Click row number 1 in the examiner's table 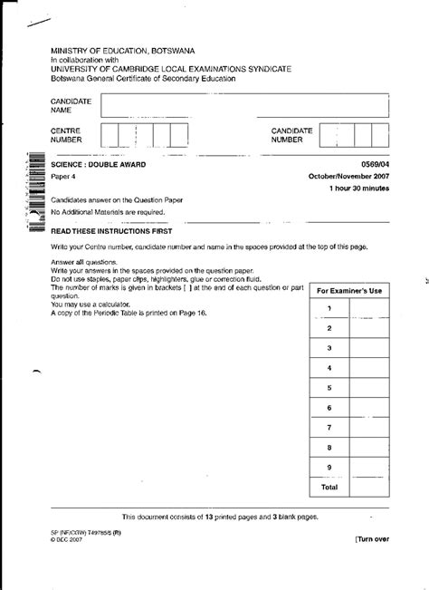(x=329, y=309)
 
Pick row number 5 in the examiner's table (x=329, y=387)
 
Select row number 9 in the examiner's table (x=329, y=467)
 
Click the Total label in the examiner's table (x=329, y=487)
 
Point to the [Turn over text (x=372, y=539)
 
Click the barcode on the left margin (x=34, y=186)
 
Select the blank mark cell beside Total (x=368, y=487)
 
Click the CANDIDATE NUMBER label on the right (x=292, y=136)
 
